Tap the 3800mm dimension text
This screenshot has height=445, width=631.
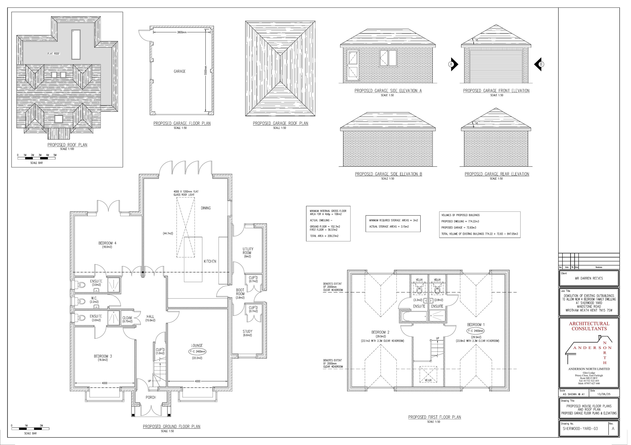(182, 32)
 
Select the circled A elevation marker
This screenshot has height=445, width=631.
(451, 64)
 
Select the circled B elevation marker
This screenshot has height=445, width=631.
(541, 64)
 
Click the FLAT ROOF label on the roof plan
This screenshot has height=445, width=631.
(54, 54)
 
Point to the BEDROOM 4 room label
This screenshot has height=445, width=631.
(107, 243)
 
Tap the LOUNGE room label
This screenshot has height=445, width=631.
(197, 346)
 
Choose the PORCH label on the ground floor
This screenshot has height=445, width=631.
(151, 397)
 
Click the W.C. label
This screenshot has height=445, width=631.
(94, 298)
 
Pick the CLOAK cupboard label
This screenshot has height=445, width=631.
(127, 318)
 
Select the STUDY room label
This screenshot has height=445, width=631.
(247, 331)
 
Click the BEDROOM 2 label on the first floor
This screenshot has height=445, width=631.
(380, 332)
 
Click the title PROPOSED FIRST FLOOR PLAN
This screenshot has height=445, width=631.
(434, 417)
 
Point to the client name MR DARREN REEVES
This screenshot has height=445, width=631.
(589, 278)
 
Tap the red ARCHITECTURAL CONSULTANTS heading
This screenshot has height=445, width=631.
(589, 326)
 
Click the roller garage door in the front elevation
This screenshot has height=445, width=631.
(496, 66)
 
